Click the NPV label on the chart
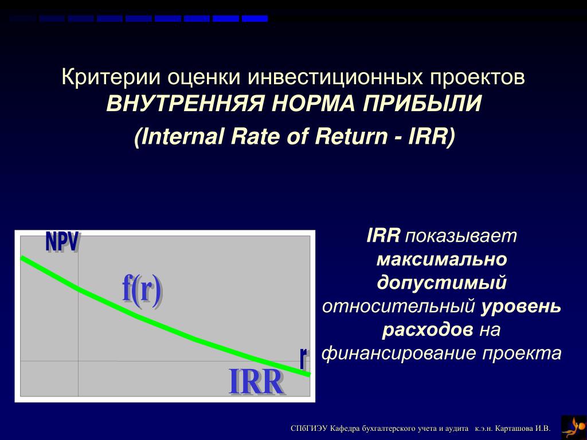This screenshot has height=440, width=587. coord(62,242)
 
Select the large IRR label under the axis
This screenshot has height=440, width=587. coord(256,382)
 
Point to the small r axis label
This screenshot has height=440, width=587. coord(304,357)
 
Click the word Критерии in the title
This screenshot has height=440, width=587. coord(111,77)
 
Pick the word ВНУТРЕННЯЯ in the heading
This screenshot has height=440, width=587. coord(186,104)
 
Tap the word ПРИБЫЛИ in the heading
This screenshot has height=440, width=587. coord(422,104)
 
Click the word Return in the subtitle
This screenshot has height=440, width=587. coord(351,136)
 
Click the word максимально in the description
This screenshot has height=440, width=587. coord(442,260)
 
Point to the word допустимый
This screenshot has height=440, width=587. coord(442,283)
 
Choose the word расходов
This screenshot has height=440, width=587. coord(428,330)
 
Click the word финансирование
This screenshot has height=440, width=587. coord(399,353)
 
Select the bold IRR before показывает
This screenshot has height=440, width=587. coord(383,236)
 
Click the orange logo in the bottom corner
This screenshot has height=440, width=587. coord(573,427)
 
